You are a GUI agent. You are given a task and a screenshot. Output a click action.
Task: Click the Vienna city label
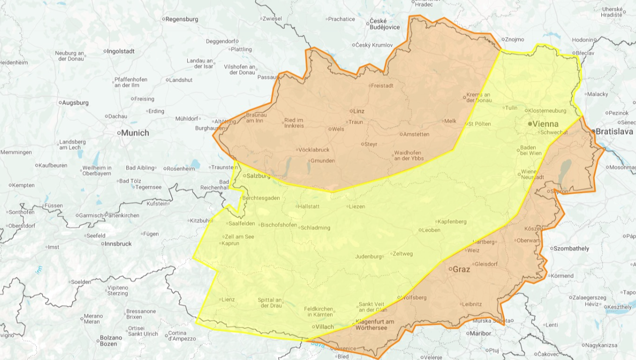(546, 123)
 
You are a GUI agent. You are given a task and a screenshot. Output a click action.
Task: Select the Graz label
(461, 269)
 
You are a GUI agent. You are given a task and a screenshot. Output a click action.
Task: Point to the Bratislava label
(614, 131)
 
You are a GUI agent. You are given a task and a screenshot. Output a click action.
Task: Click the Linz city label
(359, 111)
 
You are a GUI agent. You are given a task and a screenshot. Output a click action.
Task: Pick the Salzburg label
(259, 176)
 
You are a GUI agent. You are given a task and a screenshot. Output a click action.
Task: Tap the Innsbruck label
(118, 244)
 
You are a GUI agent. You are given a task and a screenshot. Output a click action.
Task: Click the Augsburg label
(75, 103)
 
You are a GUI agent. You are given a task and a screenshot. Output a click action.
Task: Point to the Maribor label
(479, 333)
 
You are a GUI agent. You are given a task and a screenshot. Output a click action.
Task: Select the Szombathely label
(572, 248)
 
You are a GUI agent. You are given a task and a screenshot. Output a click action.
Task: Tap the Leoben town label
(431, 230)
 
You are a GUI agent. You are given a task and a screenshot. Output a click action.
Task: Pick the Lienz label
(228, 300)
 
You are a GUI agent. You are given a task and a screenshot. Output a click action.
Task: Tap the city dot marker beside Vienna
(530, 123)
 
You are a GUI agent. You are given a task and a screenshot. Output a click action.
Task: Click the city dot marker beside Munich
(120, 133)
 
